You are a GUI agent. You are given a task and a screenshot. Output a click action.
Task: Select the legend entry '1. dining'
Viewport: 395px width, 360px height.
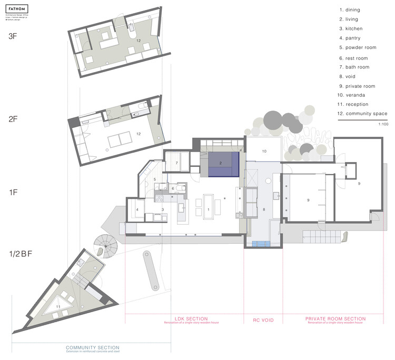tap(352, 9)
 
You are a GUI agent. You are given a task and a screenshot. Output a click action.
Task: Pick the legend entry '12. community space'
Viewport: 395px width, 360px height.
tap(363, 114)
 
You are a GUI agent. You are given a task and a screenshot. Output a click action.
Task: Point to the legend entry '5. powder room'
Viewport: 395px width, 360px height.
tap(358, 47)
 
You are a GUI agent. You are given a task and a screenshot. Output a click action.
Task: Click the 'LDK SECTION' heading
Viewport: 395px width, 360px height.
tap(191, 319)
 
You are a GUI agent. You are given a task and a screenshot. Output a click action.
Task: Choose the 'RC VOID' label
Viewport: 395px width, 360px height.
tap(263, 319)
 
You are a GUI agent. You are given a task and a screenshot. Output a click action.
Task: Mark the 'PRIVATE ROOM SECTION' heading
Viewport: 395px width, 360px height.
tap(335, 319)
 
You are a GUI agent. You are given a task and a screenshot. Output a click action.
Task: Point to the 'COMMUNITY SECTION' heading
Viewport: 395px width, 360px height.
tap(92, 348)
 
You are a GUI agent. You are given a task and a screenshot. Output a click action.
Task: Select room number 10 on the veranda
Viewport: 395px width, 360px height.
tap(264, 152)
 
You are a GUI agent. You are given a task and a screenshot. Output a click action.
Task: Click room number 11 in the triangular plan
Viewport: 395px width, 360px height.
tap(58, 306)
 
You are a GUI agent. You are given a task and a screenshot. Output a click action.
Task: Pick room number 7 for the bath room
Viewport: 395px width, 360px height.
tap(176, 164)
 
